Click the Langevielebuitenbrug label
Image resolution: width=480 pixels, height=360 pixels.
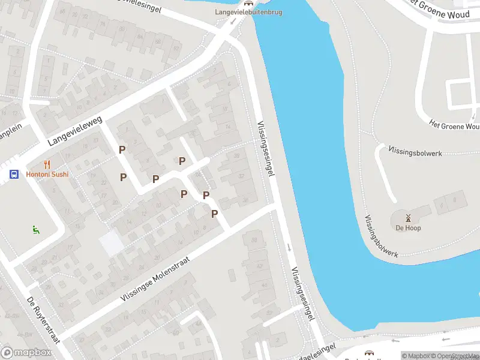pos(248,12)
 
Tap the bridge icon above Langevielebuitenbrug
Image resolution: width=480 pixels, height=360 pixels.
pos(248,3)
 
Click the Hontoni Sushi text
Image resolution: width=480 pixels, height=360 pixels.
pos(47,175)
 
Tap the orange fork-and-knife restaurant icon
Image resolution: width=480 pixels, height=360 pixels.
pos(47,164)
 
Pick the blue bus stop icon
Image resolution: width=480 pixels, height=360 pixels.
pos(13,175)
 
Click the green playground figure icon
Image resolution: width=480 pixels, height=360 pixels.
pos(36,229)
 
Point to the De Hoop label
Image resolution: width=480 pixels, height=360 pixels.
pos(408,228)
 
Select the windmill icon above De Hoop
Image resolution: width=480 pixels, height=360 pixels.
pos(408,218)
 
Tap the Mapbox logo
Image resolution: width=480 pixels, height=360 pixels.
pos(26,353)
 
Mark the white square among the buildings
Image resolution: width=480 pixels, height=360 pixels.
pos(112,243)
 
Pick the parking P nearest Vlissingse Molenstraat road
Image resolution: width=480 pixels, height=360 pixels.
pos(214,214)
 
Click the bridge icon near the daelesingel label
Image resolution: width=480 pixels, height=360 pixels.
pos(368,355)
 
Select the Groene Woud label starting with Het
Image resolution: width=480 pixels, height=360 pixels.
pos(454,126)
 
